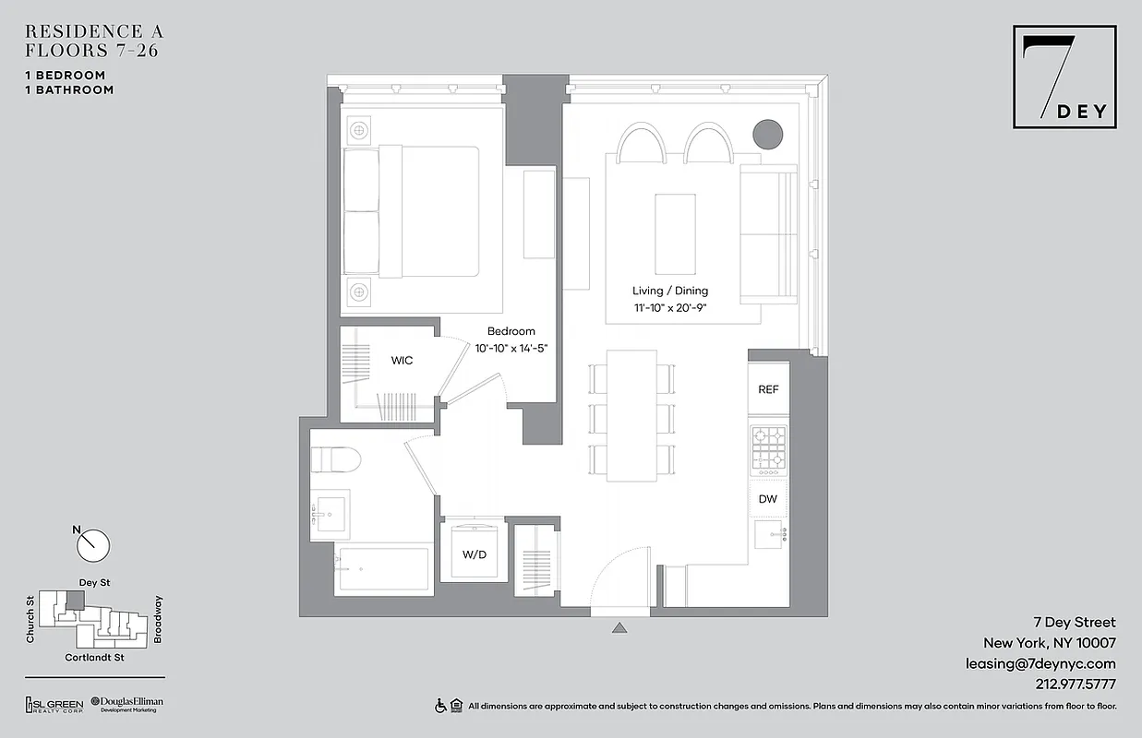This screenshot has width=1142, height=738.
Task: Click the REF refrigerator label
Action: pyautogui.click(x=768, y=390)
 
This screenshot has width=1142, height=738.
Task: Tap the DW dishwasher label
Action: pyautogui.click(x=768, y=499)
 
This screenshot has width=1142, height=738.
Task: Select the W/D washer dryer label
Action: pyautogui.click(x=474, y=555)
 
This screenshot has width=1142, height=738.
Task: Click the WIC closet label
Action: pyautogui.click(x=402, y=361)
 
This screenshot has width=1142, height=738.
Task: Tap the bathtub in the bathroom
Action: pyautogui.click(x=382, y=569)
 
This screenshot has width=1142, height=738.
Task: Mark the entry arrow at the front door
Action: pyautogui.click(x=620, y=629)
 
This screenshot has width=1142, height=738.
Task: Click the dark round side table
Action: pyautogui.click(x=768, y=135)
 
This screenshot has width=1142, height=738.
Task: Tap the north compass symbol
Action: pyautogui.click(x=92, y=544)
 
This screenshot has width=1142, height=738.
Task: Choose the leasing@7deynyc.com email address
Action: pyautogui.click(x=1040, y=663)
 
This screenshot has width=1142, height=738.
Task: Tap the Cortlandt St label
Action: pyautogui.click(x=94, y=658)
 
